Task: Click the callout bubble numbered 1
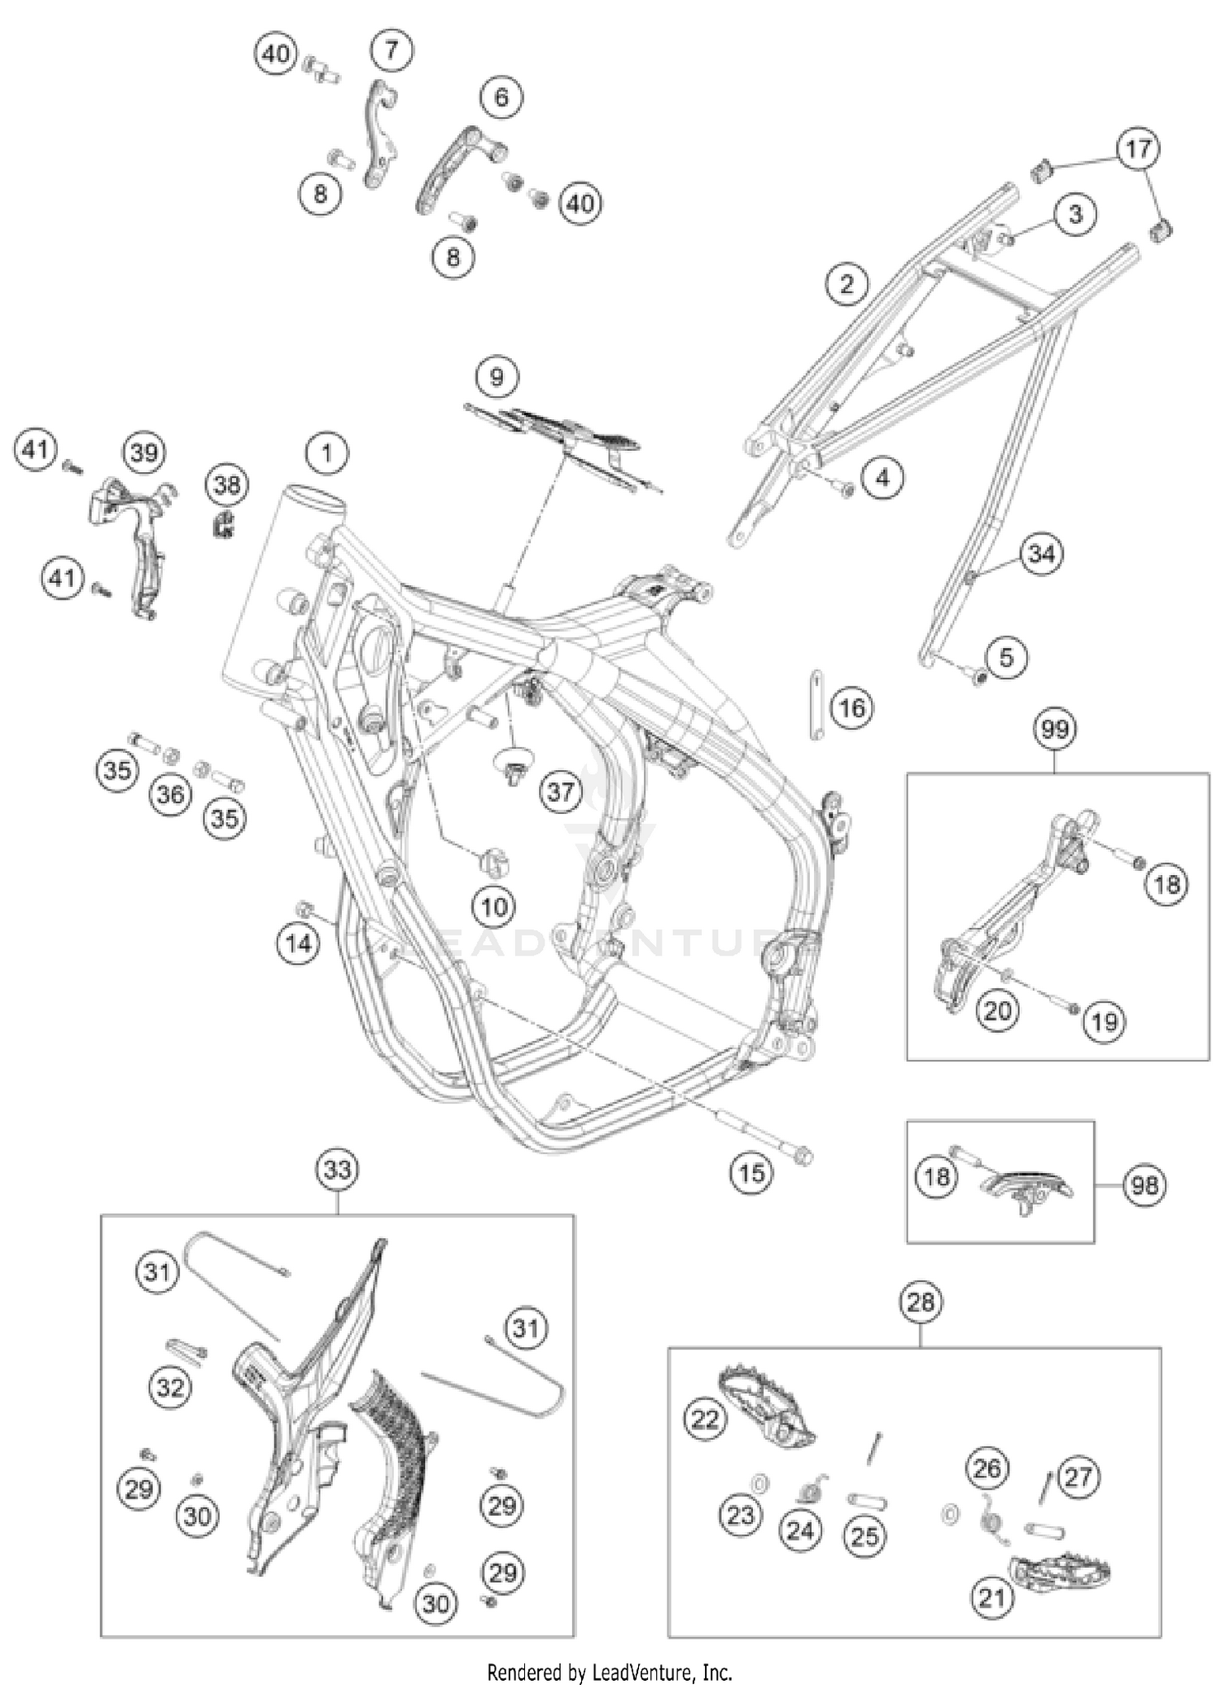[327, 453]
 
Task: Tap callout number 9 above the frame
[496, 377]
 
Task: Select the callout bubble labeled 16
[851, 708]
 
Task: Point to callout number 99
[1055, 729]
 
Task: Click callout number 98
[1144, 1185]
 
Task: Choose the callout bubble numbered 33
[337, 1170]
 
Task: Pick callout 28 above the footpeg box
[921, 1302]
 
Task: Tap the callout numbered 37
[561, 790]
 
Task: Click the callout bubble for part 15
[751, 1173]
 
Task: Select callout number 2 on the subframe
[847, 284]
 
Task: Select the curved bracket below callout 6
[457, 167]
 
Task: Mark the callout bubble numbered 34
[1041, 554]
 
